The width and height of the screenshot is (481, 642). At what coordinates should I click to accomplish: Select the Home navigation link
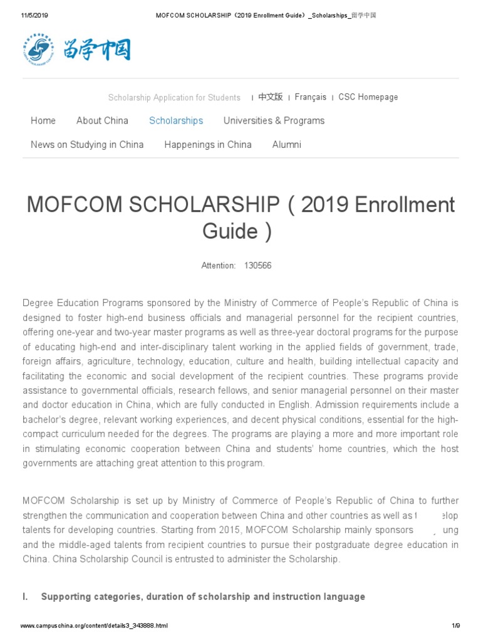(43, 120)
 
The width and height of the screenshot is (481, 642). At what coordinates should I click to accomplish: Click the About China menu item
(102, 120)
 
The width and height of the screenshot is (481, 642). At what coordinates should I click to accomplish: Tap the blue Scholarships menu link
(176, 120)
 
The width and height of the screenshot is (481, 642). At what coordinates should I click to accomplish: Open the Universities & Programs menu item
(274, 120)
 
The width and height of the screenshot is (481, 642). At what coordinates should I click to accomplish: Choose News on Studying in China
(87, 144)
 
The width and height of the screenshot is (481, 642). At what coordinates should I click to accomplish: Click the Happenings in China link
(208, 144)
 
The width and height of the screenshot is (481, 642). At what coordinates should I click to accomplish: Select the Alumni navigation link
(287, 144)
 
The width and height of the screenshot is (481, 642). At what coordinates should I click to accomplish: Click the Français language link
(311, 97)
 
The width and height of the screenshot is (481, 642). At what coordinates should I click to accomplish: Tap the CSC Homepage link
(368, 97)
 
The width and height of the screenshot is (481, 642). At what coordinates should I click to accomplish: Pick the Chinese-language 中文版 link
(271, 97)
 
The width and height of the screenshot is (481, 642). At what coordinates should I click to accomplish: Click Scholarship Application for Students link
(174, 98)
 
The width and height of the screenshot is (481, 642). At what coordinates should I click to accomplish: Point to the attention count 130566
(257, 266)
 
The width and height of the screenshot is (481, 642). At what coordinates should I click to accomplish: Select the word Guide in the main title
(230, 231)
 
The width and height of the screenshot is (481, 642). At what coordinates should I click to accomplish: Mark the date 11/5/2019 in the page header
(36, 15)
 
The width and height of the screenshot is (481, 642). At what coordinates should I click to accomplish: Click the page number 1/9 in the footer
(456, 626)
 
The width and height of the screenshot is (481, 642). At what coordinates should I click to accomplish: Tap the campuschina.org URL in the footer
(94, 626)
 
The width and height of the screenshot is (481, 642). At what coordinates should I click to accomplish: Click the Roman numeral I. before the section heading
(26, 597)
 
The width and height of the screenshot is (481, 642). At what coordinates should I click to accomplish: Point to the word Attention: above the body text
(219, 266)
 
